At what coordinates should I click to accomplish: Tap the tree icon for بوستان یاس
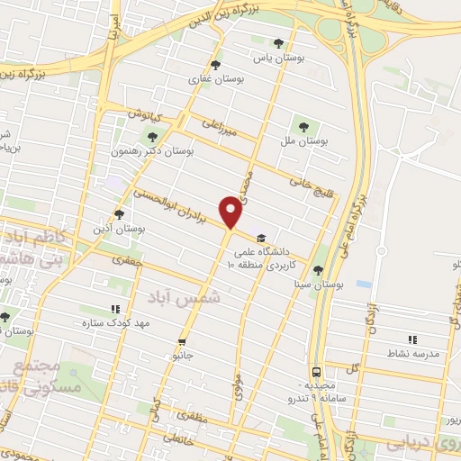pyautogui.click(x=277, y=43)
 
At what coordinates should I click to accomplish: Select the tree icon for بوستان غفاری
pyautogui.click(x=214, y=64)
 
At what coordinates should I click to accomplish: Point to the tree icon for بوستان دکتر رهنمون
pyautogui.click(x=151, y=137)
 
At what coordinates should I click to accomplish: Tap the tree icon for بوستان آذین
pyautogui.click(x=119, y=214)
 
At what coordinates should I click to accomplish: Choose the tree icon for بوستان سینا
pyautogui.click(x=317, y=269)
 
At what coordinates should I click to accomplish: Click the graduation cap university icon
pyautogui.click(x=260, y=238)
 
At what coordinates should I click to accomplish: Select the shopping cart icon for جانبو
pyautogui.click(x=183, y=342)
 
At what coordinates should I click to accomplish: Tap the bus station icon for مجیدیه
pyautogui.click(x=316, y=371)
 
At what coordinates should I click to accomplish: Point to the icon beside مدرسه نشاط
pyautogui.click(x=411, y=339)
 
